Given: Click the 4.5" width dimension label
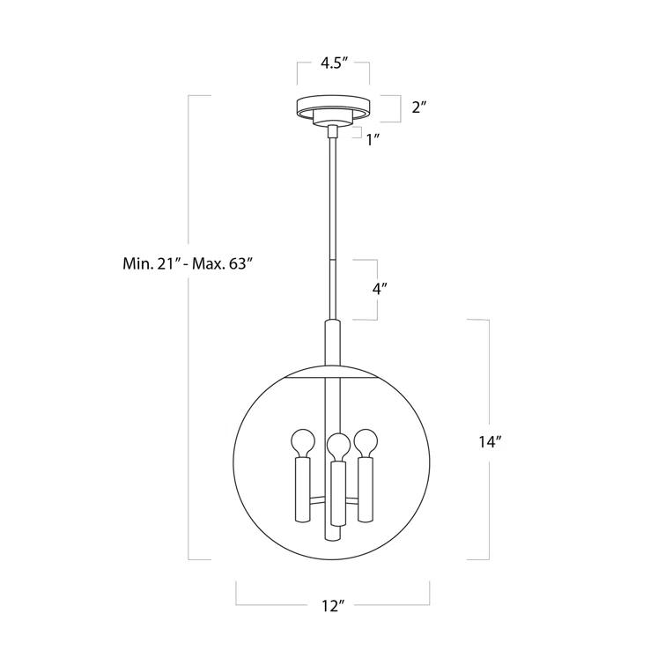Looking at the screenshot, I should [332, 63].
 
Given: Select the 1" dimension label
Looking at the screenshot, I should [373, 138].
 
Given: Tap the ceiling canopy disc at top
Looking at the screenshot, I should [332, 104].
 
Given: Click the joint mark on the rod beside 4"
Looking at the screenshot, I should [332, 260].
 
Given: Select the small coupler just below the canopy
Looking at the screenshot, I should [332, 132].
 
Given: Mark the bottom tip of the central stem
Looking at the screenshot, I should [332, 536].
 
